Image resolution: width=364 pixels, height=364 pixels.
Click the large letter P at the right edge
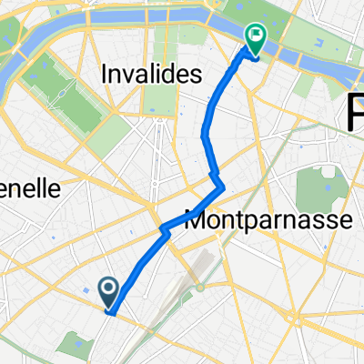click(x=355, y=115)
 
